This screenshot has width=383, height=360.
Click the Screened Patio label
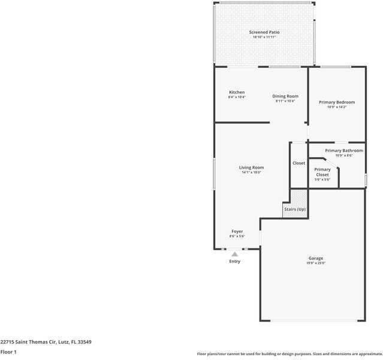(x=264, y=32)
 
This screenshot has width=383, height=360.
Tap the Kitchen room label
(x=237, y=92)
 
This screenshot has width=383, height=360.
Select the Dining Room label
(x=285, y=96)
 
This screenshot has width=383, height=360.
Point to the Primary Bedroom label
(x=337, y=102)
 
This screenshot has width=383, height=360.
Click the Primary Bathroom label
(x=343, y=150)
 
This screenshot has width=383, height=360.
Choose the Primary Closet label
(x=322, y=172)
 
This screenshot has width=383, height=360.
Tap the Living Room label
(x=251, y=167)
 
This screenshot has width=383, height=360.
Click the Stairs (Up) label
(x=295, y=209)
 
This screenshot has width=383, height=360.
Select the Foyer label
(x=237, y=231)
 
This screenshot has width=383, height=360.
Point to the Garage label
(x=316, y=258)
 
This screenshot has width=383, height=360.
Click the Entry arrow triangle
(x=234, y=254)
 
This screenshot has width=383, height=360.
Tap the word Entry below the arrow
(x=234, y=261)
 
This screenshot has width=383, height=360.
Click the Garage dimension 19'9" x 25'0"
(x=316, y=263)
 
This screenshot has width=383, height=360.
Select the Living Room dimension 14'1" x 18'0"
(x=251, y=172)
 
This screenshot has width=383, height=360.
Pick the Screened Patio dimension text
(x=264, y=37)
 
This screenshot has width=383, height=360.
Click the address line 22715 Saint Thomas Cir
(x=46, y=341)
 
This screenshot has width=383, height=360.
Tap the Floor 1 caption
(x=8, y=352)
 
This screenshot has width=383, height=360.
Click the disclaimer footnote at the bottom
(x=289, y=353)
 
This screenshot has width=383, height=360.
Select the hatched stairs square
(x=298, y=197)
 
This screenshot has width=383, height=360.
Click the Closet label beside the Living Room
(x=298, y=163)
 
